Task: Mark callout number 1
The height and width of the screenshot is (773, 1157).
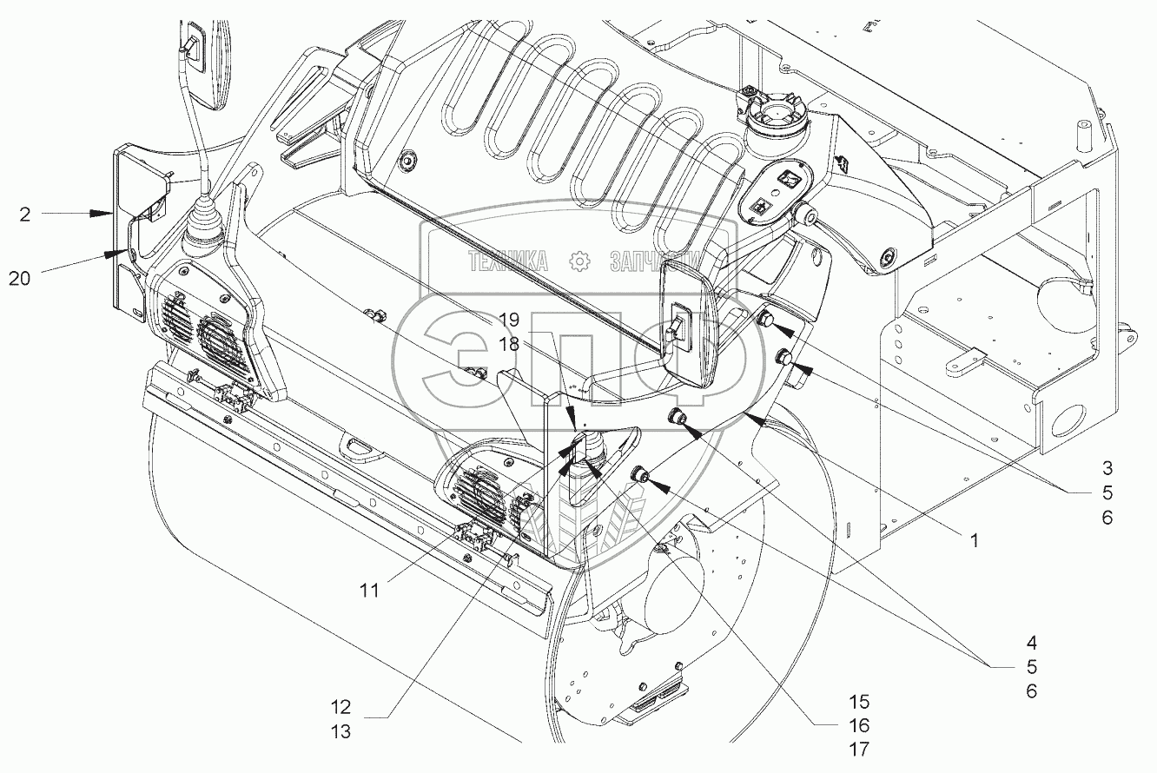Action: tap(974, 539)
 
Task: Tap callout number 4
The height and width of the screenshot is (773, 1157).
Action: tap(1030, 644)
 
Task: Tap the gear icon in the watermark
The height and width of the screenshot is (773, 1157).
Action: tap(578, 260)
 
